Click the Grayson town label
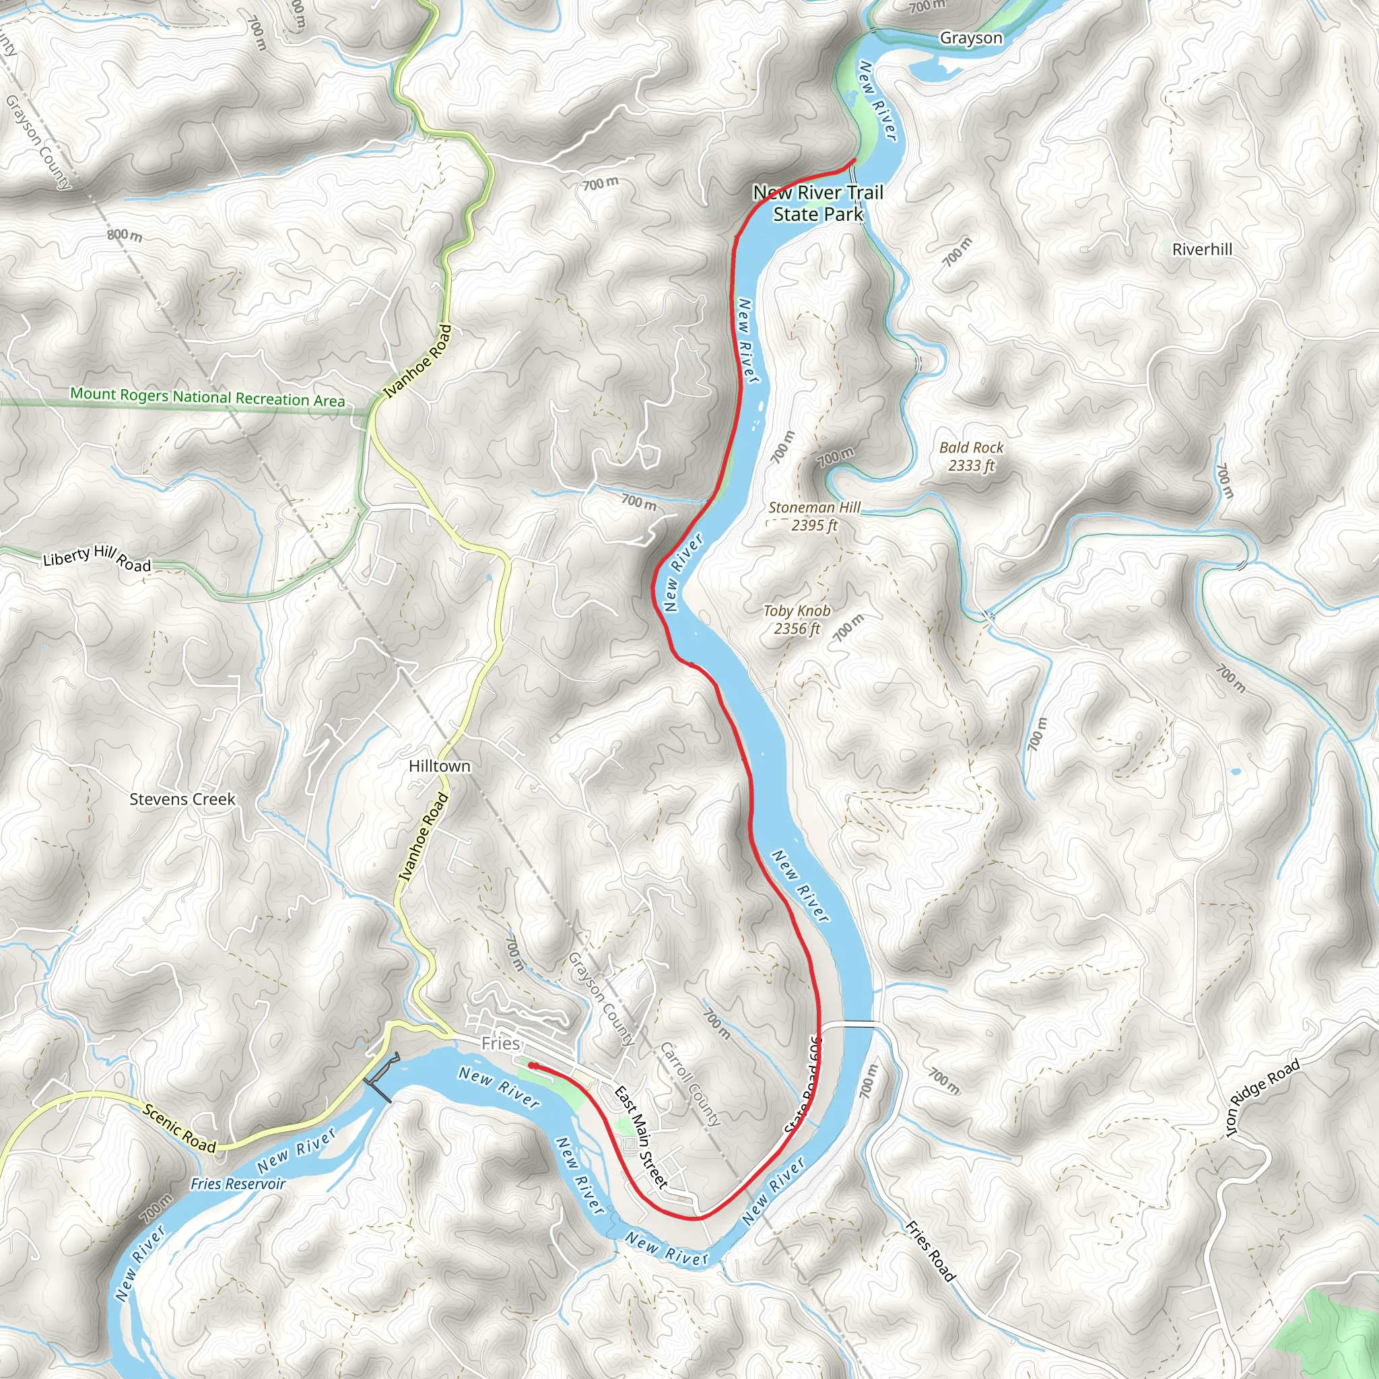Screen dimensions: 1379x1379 coord(971,38)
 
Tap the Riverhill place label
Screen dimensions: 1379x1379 coord(1202,249)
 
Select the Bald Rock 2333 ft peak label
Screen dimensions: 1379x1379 coord(971,457)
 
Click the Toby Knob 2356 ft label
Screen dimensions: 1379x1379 coord(797,619)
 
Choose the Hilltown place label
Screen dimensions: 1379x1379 coord(440,766)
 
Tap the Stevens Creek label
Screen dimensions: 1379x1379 coord(182,799)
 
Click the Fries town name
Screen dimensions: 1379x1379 coord(500,1044)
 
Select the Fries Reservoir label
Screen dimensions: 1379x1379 coord(238,1184)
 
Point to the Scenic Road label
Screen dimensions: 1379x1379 coord(179,1129)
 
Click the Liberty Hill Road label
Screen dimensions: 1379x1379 coord(97,558)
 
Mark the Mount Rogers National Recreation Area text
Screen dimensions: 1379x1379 coord(207,397)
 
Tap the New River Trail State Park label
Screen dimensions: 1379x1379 coord(818,203)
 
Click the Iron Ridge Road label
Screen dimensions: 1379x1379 coord(1262,1098)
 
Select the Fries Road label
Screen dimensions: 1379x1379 coord(930,1250)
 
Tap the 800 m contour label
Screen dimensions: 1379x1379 coord(124,235)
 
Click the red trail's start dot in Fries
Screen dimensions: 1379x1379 coord(533,1066)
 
